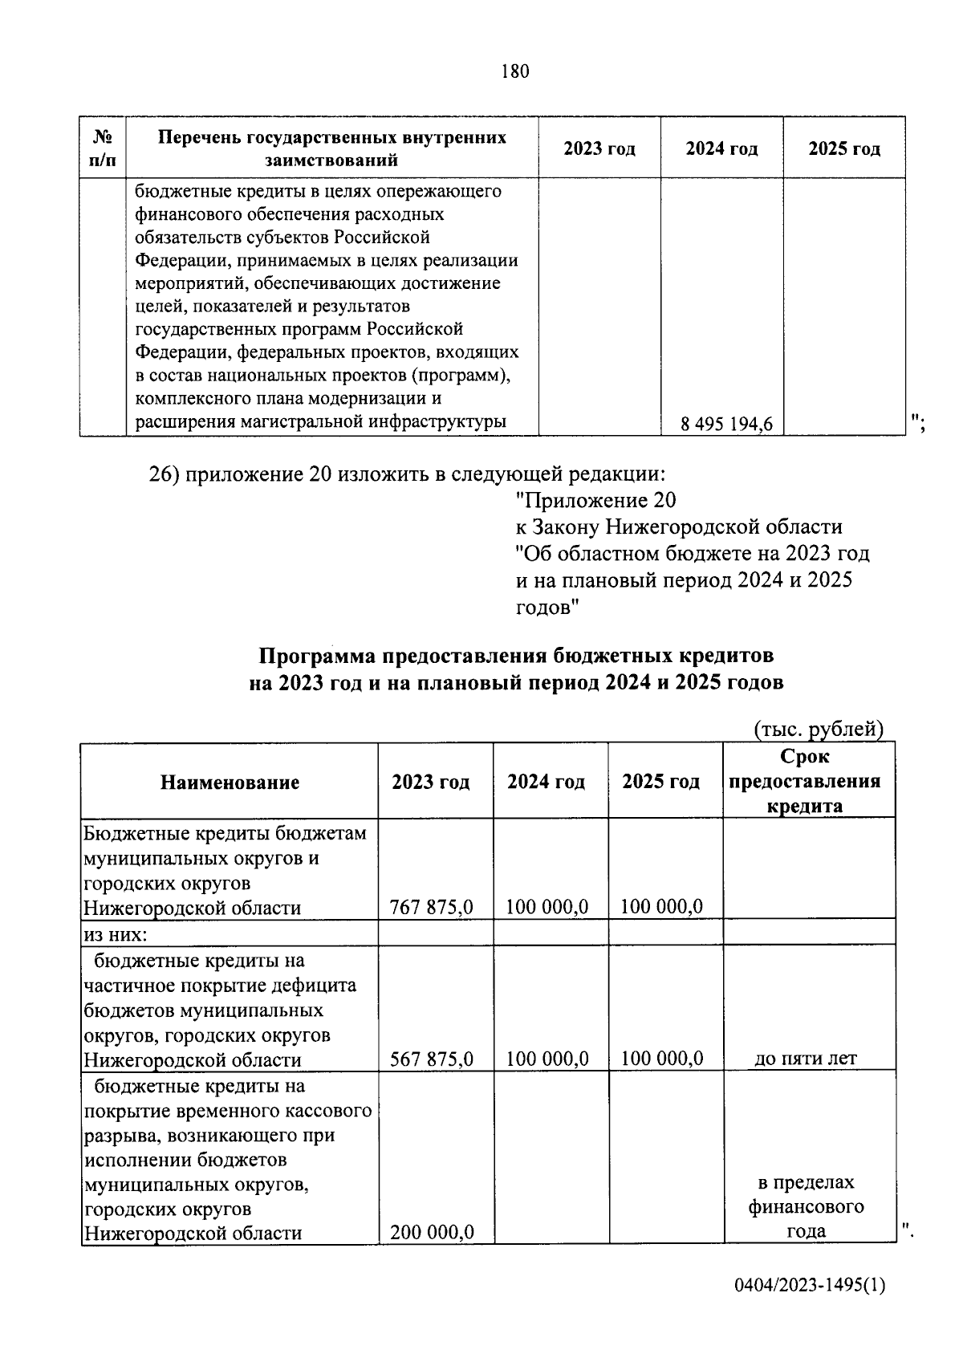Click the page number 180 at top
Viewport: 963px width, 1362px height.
click(x=514, y=71)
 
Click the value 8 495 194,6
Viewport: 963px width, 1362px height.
click(x=726, y=425)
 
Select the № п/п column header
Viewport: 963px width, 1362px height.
click(x=102, y=148)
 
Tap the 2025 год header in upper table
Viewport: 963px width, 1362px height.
click(x=843, y=148)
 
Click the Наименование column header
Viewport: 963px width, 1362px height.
click(x=230, y=782)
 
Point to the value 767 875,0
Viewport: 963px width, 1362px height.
click(x=431, y=907)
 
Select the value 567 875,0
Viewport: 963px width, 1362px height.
click(x=431, y=1059)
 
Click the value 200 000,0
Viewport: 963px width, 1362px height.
click(x=431, y=1231)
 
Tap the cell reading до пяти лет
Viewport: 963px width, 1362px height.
click(x=806, y=1059)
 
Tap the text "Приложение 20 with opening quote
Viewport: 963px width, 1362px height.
click(x=595, y=501)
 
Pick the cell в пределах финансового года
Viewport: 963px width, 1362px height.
click(x=807, y=1206)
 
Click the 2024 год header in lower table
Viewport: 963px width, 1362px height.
click(x=546, y=782)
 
